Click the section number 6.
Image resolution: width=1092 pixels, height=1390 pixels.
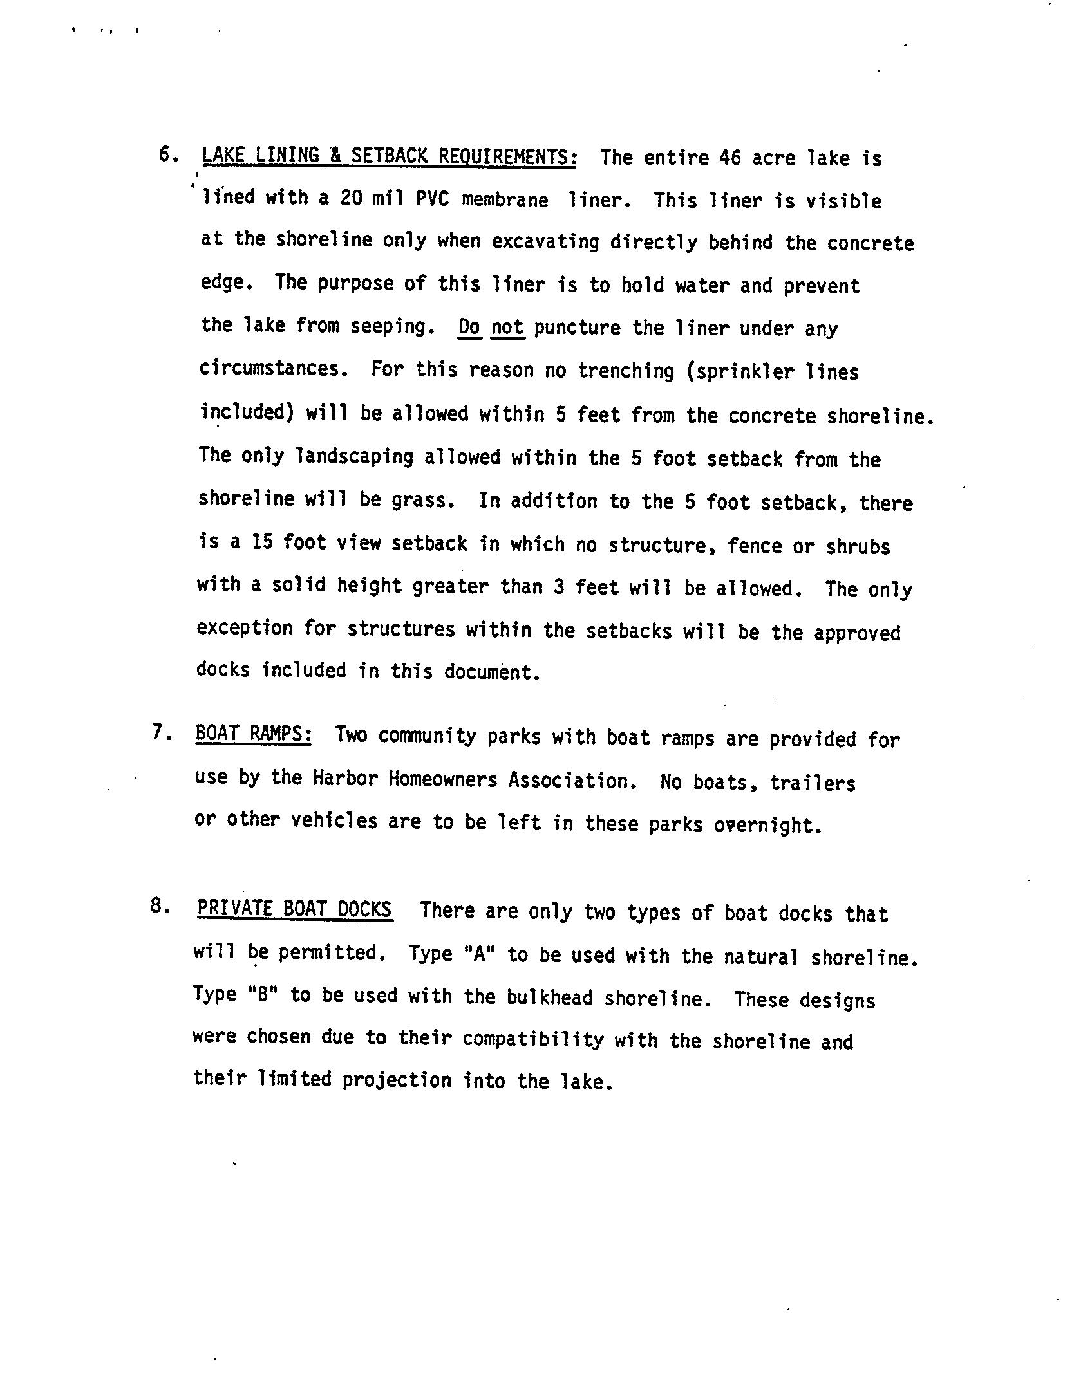click(x=167, y=155)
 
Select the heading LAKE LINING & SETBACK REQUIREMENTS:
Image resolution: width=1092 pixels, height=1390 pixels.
click(x=389, y=156)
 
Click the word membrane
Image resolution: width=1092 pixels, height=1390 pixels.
click(x=505, y=200)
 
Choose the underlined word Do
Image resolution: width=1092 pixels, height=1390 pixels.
click(x=469, y=328)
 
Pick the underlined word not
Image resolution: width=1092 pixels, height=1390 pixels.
click(x=508, y=328)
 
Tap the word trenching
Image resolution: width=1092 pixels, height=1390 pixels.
click(x=625, y=371)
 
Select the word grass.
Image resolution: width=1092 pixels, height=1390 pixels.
click(x=422, y=501)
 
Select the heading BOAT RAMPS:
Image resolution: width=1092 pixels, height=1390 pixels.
click(x=254, y=734)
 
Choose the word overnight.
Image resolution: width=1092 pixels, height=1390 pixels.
click(x=767, y=824)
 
